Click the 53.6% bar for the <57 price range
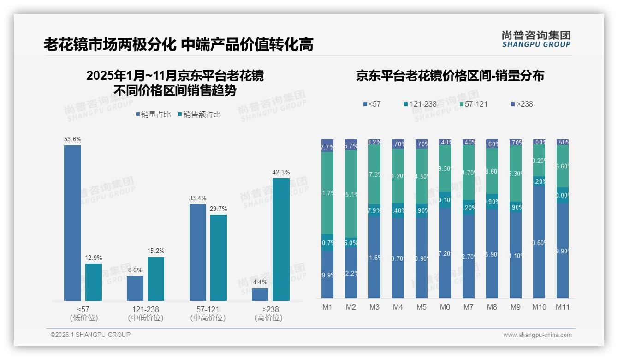[x=72, y=223]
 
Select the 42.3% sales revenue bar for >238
[x=281, y=239]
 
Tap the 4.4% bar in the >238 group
[x=260, y=294]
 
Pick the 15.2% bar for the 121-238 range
[x=156, y=279]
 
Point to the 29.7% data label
[x=218, y=209]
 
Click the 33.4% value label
[x=197, y=198]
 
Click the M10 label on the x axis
[x=539, y=307]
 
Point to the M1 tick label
[x=327, y=307]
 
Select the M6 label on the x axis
[x=445, y=307]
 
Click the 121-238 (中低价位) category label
[x=145, y=313]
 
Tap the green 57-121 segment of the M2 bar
[x=351, y=194]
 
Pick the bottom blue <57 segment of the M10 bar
[x=539, y=242]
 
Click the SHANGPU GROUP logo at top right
[x=536, y=39]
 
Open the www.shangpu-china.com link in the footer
[x=537, y=335]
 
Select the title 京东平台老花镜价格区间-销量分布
[x=450, y=76]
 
